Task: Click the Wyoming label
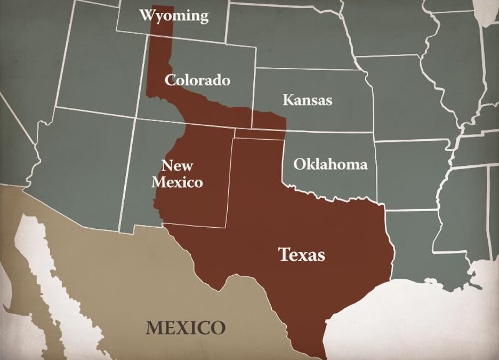(x=174, y=15)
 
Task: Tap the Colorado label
(x=197, y=80)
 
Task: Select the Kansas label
(x=307, y=100)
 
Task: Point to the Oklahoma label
(x=331, y=164)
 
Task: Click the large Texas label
(x=302, y=254)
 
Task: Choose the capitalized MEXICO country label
(x=186, y=327)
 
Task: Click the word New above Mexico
(x=177, y=166)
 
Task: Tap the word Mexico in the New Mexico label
(x=177, y=182)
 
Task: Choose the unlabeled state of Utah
(x=96, y=69)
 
